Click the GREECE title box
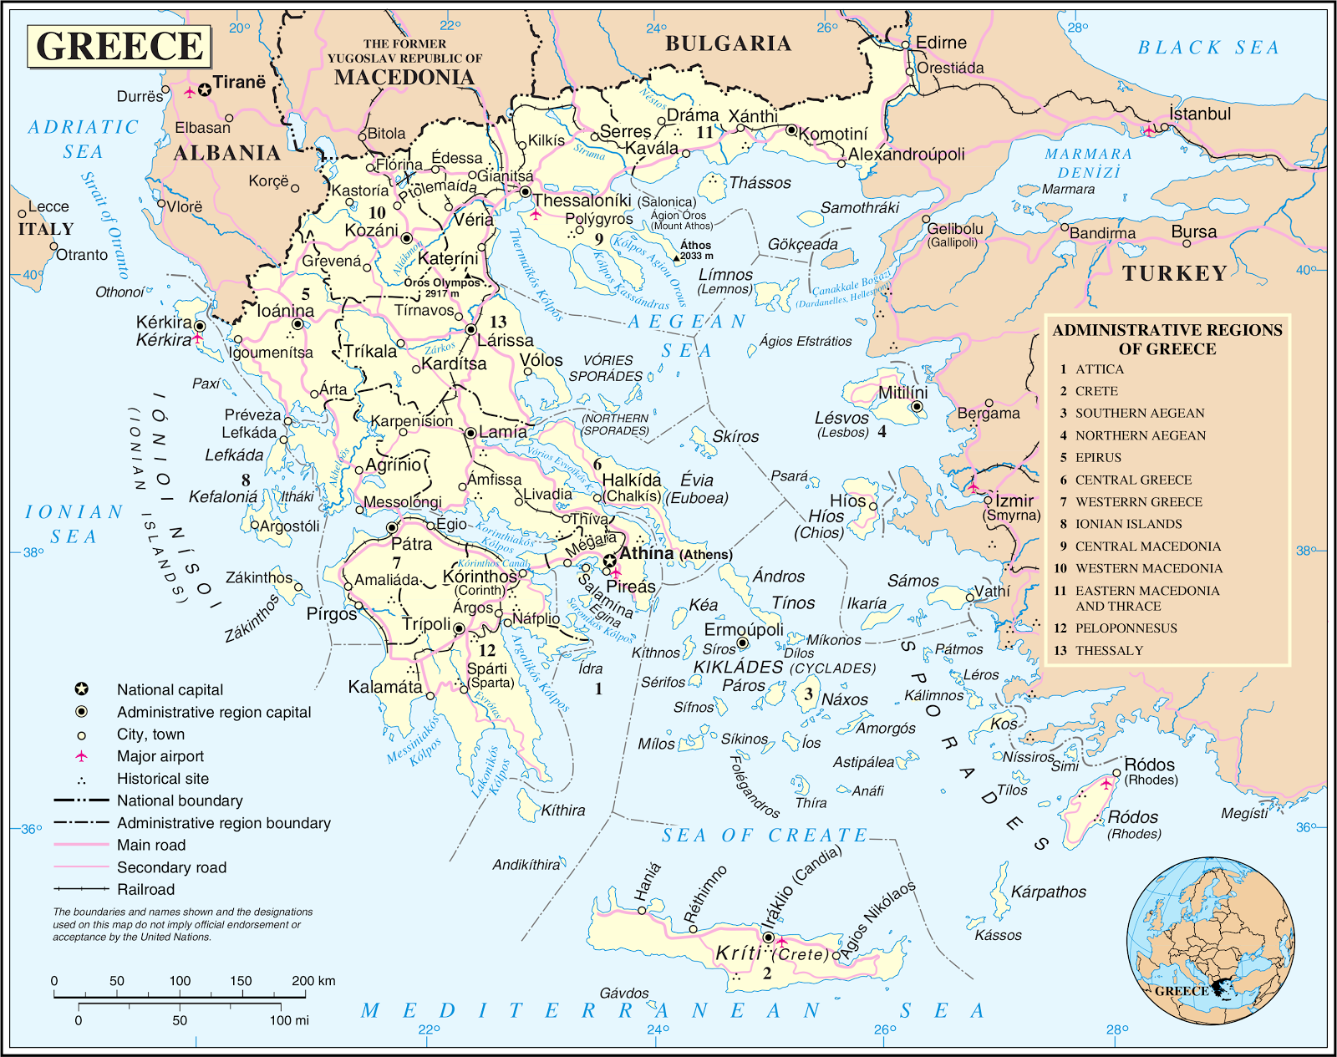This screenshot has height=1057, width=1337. pos(119,46)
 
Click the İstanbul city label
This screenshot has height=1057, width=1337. pos(1200,114)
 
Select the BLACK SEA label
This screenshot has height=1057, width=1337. pos(1207,48)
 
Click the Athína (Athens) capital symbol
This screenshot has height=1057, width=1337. pos(611,560)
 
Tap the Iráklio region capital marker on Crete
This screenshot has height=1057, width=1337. pos(769,938)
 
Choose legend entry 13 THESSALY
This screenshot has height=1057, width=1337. pos(1109,650)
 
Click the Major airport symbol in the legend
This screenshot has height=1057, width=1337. pos(81,756)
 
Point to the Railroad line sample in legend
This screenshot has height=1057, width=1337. pos(81,889)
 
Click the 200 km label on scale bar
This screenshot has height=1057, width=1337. pos(313,980)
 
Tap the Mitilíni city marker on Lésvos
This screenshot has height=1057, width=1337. pos(917,407)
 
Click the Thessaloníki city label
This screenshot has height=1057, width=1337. pos(582,201)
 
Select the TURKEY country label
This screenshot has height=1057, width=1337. pos(1174,273)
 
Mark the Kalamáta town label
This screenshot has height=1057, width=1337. pos(385,687)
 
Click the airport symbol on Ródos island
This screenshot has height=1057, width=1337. pos(1106,784)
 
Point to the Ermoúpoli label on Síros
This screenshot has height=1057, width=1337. pos(744,628)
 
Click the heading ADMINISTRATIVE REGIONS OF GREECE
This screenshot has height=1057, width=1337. pos(1167,339)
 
